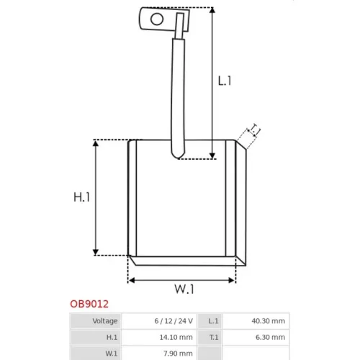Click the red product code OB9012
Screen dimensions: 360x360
[x=89, y=304]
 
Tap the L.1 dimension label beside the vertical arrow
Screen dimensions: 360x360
[x=225, y=81]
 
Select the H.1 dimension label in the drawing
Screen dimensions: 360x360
[x=81, y=197]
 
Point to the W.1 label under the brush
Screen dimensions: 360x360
[x=184, y=289]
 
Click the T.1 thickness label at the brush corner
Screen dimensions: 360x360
[x=254, y=130]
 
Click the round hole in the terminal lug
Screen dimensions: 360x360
[x=157, y=19]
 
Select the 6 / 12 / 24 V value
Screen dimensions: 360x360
[x=174, y=321]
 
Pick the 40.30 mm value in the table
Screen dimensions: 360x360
[x=269, y=321]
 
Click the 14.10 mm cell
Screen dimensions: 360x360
[x=176, y=337]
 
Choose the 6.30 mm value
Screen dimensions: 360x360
[x=270, y=337]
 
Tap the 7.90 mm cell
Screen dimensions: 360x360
[x=178, y=354]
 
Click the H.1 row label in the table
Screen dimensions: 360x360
[x=112, y=337]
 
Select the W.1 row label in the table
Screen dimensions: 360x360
[x=112, y=354]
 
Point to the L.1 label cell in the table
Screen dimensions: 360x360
[x=213, y=321]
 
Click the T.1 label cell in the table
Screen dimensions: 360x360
[x=214, y=337]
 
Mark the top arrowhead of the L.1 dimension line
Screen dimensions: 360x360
[x=212, y=9]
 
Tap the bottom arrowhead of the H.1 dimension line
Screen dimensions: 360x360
[x=96, y=253]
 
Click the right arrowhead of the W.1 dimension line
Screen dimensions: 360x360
[x=232, y=280]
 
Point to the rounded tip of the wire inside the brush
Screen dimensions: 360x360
[x=178, y=157]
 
